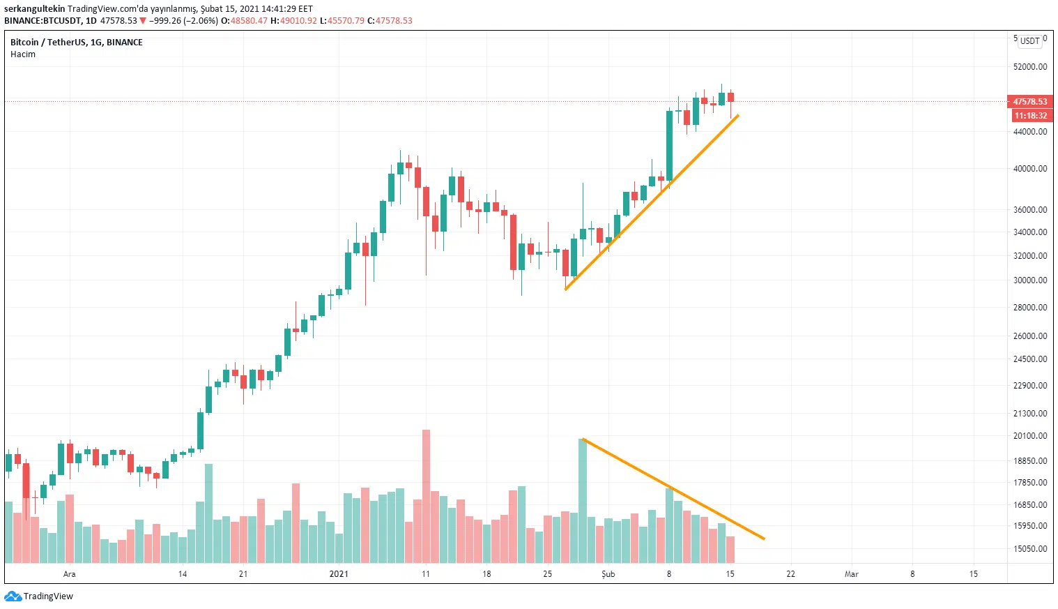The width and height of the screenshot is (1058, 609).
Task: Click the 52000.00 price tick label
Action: (1029, 67)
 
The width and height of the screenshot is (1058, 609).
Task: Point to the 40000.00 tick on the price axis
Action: (1029, 169)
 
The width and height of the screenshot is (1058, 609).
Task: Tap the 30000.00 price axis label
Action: (1029, 280)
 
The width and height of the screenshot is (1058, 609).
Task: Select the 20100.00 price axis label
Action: (1029, 436)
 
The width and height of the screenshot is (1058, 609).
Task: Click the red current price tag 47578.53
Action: (1029, 102)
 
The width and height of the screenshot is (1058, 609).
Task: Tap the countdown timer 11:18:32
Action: (1030, 116)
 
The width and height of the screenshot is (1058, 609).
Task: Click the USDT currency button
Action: (1029, 41)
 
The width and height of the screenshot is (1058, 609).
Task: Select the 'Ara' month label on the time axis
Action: (70, 574)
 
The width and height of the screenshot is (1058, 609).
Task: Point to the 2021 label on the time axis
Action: (339, 574)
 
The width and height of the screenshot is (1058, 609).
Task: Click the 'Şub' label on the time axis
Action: (608, 574)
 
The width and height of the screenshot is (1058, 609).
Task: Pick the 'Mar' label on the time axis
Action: (851, 574)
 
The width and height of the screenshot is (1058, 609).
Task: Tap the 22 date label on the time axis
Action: (790, 574)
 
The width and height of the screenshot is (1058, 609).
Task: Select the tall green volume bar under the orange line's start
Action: (583, 501)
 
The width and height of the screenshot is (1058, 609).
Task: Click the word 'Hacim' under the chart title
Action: (23, 54)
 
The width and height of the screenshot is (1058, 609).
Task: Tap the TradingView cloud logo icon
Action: (13, 596)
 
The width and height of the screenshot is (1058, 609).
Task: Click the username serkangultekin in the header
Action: (34, 9)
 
